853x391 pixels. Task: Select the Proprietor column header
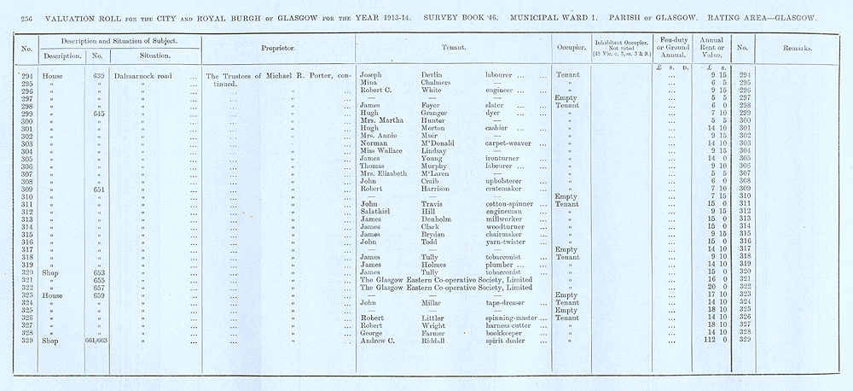275,49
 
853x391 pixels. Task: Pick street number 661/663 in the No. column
99,339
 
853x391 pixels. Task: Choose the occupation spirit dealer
500,339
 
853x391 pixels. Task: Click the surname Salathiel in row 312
380,213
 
